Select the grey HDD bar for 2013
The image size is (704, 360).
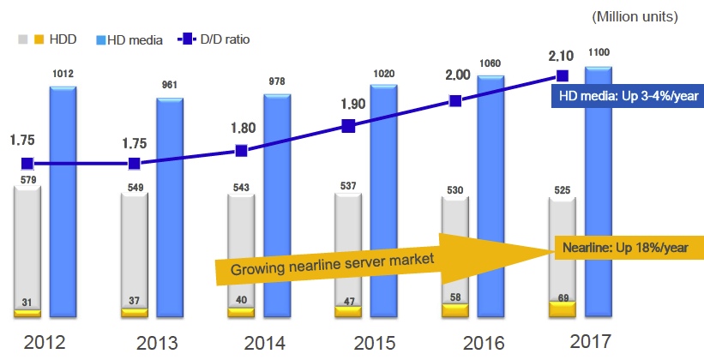134,249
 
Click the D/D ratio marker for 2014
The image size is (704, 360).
241,151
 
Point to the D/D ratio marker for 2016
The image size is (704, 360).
455,100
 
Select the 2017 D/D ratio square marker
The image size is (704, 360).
563,75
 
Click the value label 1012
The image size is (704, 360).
63,75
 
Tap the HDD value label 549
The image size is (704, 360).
134,186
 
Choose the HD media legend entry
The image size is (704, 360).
129,39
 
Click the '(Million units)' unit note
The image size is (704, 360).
635,16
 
